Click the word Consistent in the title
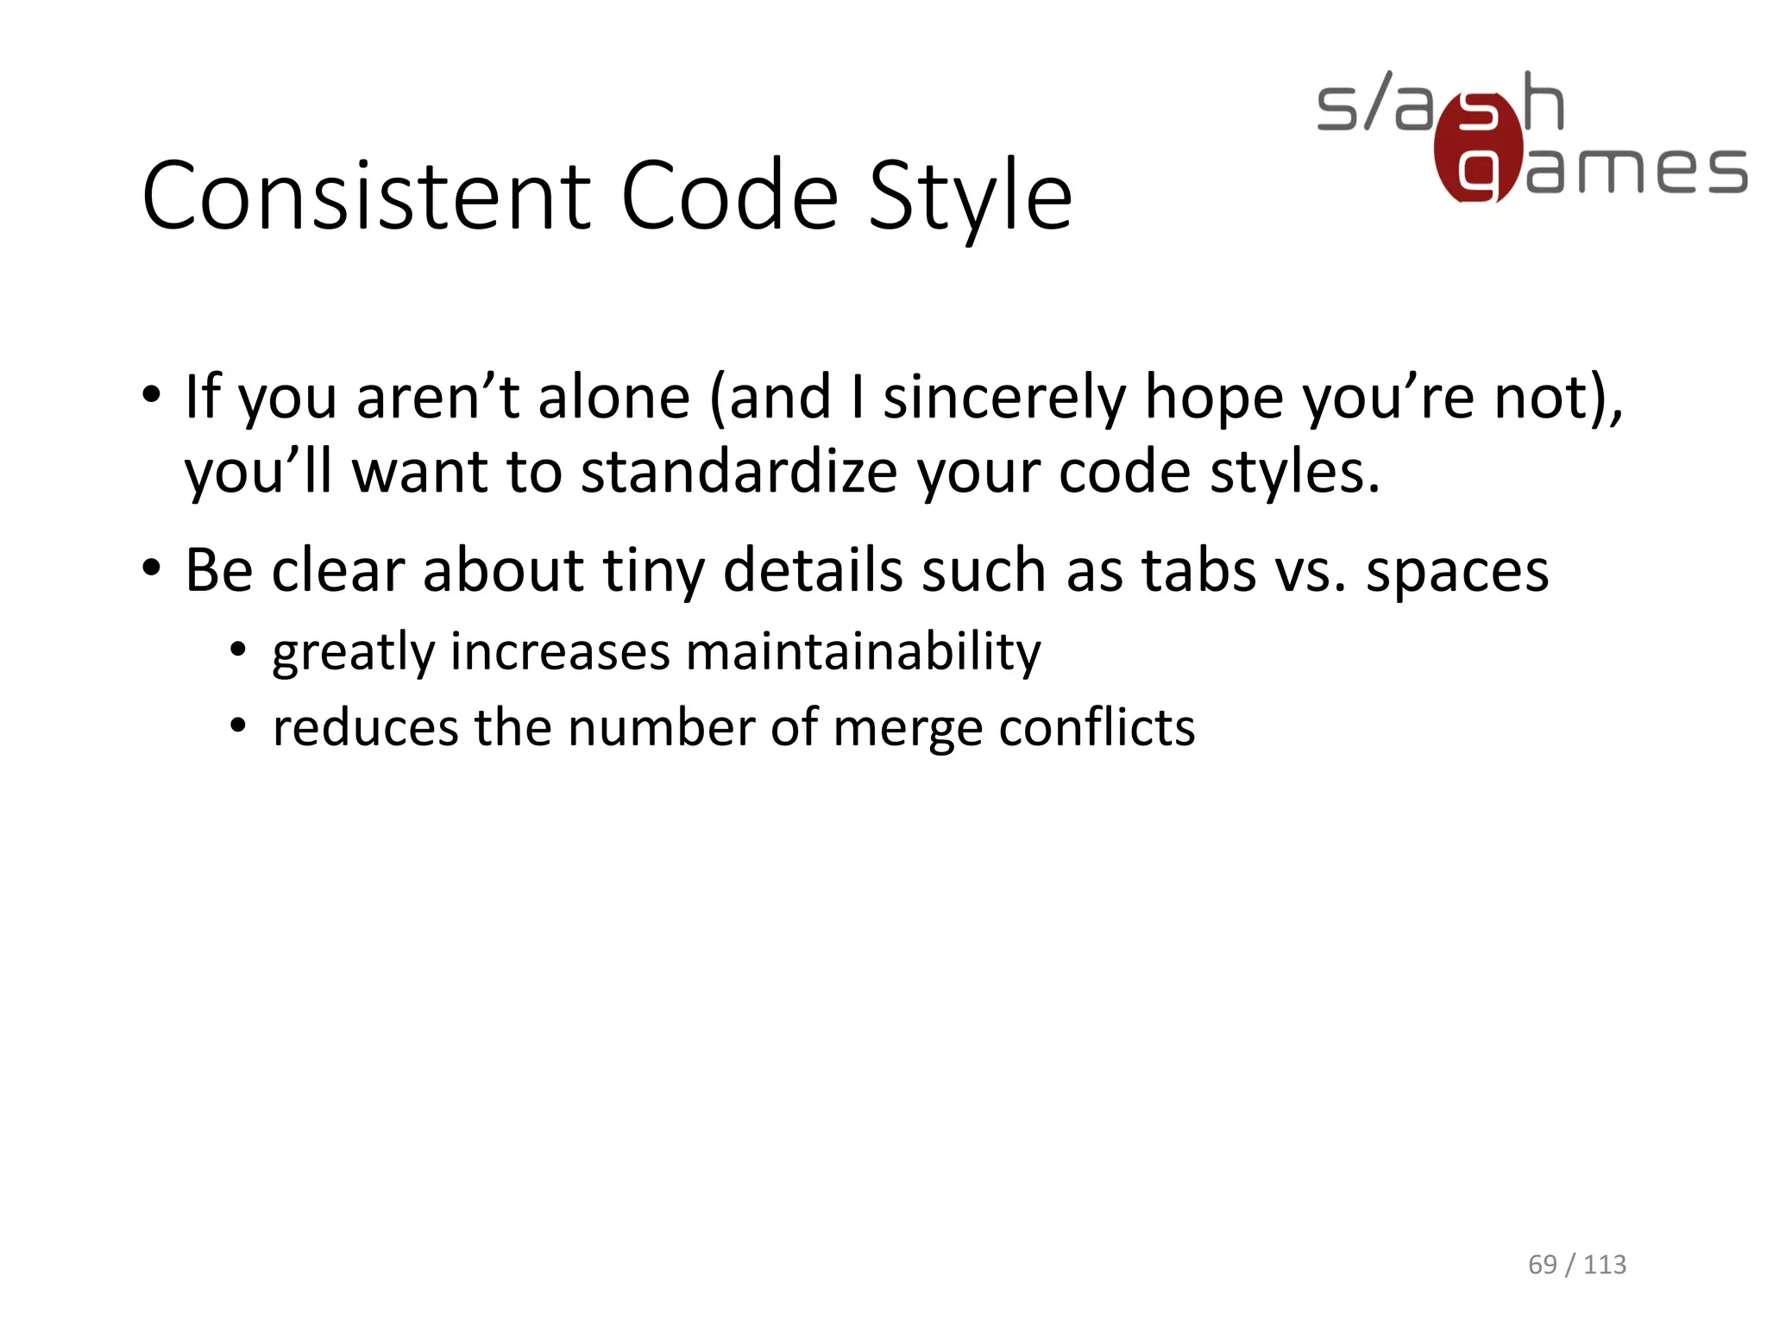(x=368, y=197)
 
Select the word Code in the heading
(x=729, y=197)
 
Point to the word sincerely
(x=1004, y=398)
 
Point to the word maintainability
(x=864, y=651)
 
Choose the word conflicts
(x=1097, y=727)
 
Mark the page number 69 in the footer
(x=1543, y=1265)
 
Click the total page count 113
(x=1605, y=1265)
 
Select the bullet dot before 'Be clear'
(x=152, y=568)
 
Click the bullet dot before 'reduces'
(x=239, y=725)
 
